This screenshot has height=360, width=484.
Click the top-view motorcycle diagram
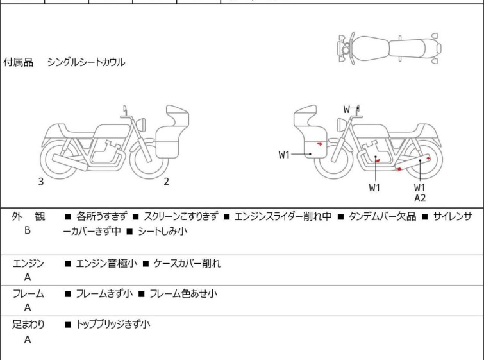pos(389,48)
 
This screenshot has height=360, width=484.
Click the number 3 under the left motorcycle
pos(41,182)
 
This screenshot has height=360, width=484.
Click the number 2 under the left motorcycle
pos(167,182)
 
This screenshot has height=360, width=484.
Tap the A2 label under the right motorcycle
pos(420,198)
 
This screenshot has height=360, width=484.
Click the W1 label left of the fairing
pos(284,155)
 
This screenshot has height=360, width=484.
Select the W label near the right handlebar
pos(347,109)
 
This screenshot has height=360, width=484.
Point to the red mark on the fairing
pos(319,144)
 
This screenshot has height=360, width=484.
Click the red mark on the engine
pos(377,160)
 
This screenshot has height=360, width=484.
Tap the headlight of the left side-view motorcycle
pos(141,124)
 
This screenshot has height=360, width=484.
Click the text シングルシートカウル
pos(86,62)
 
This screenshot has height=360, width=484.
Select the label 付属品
pos(18,62)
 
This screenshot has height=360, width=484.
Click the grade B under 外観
pos(28,230)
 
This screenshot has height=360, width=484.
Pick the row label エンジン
pos(28,264)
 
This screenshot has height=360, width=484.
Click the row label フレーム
pos(28,294)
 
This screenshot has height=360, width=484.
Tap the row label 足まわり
pos(28,325)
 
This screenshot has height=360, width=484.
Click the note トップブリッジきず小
pos(113,325)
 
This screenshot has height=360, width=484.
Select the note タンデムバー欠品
pos(382,217)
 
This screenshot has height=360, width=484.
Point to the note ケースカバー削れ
pos(187,264)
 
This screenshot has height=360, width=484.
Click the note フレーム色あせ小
pos(183,294)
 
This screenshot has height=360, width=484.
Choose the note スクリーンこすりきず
pos(181,217)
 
